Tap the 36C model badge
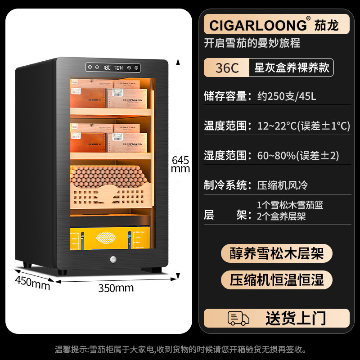[x=227, y=68]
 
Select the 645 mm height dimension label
[x=180, y=164]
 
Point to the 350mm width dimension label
[x=116, y=288]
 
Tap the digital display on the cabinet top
[x=113, y=68]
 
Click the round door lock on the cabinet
[x=112, y=260]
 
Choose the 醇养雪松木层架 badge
[x=276, y=254]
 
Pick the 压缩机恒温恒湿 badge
[x=276, y=279]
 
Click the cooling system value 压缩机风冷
[x=282, y=185]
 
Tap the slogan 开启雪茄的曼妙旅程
[x=252, y=43]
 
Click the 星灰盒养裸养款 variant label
[x=292, y=68]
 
